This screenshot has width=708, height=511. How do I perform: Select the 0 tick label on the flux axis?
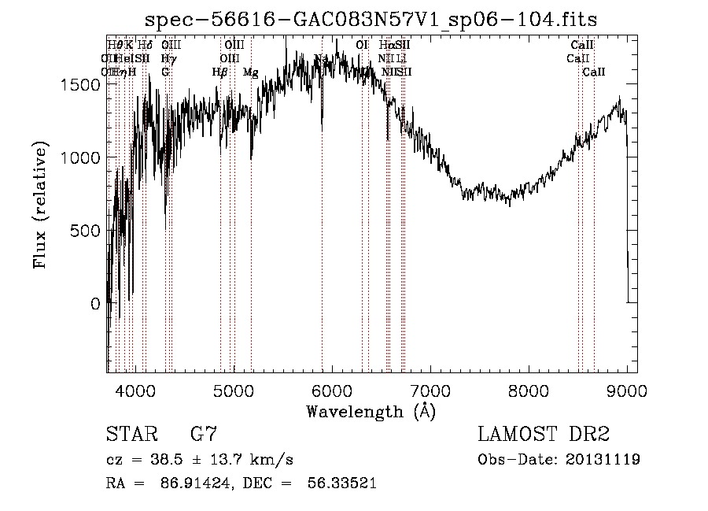[95, 304]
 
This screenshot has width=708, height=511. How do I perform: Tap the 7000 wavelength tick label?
[430, 390]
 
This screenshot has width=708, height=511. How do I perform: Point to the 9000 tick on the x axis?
[627, 390]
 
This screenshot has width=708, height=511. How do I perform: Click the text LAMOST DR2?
[544, 435]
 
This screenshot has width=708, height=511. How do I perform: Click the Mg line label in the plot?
[250, 72]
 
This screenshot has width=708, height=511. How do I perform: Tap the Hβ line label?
[220, 72]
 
